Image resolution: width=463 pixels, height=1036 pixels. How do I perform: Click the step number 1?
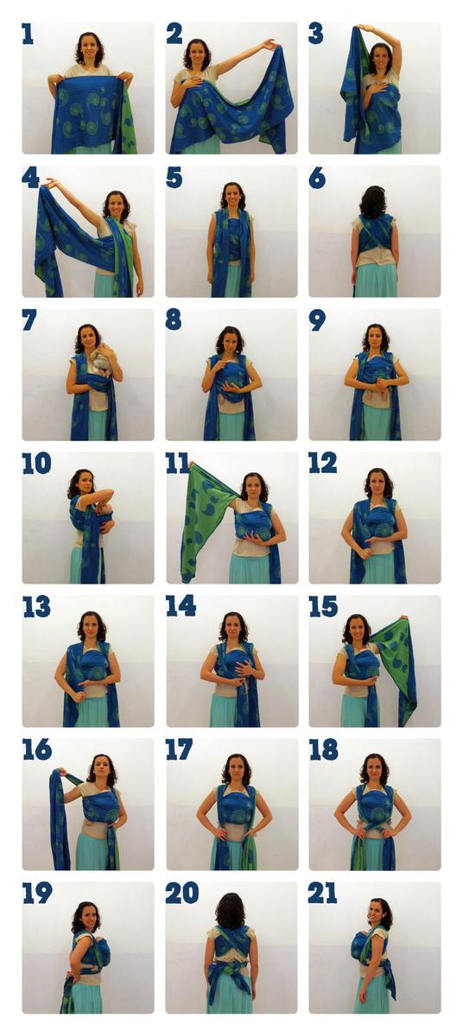point(28,35)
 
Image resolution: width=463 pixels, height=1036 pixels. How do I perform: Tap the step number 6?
point(317,178)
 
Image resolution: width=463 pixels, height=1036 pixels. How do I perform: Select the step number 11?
point(178,464)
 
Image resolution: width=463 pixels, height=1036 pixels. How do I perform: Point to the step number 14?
point(181,606)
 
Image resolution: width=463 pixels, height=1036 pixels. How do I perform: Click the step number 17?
point(179,749)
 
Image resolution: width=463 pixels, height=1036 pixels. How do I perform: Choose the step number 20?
point(182,893)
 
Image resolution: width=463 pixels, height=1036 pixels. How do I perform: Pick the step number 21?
point(322,893)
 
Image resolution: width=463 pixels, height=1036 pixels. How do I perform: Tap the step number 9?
point(317,320)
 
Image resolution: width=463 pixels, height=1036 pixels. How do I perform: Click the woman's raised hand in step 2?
point(270,45)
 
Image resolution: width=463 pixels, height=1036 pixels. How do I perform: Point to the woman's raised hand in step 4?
point(49,184)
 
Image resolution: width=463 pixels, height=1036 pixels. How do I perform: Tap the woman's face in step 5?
point(232,197)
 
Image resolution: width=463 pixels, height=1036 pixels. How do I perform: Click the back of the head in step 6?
point(373,203)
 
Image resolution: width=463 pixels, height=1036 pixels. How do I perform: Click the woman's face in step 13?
point(91,627)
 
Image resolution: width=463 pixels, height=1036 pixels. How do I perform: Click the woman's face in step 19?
point(88,916)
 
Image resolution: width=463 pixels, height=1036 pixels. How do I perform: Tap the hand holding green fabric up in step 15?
point(403,618)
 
